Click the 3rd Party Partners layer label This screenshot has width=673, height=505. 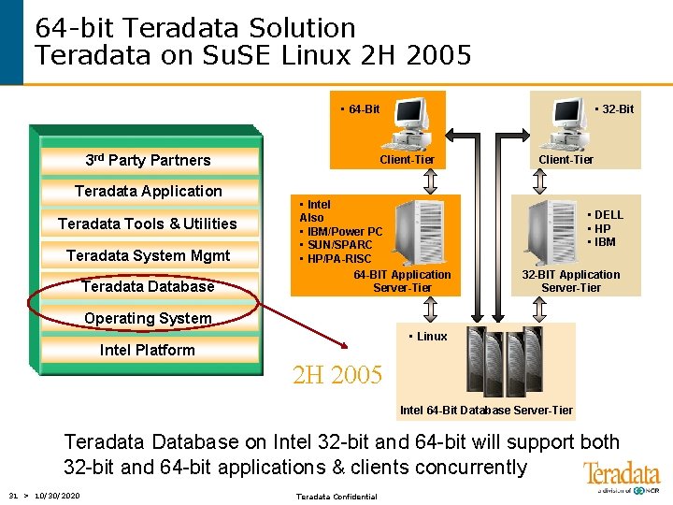tap(148, 160)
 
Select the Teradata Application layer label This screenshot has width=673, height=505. tap(148, 191)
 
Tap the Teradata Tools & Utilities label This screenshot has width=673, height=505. tap(148, 224)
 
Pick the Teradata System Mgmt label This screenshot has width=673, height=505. tap(148, 255)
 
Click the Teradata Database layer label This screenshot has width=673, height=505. tap(148, 286)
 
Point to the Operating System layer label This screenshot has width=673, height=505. tap(148, 318)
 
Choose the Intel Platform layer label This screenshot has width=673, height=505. tap(148, 350)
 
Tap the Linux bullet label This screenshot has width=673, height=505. tap(430, 337)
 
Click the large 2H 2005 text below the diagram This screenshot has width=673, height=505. tap(337, 376)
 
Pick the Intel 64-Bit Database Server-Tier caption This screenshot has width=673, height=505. tap(486, 411)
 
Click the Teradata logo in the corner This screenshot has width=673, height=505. tap(621, 476)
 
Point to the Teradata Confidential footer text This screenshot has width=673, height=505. tap(336, 497)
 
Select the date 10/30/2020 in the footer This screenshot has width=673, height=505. tap(56, 496)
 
